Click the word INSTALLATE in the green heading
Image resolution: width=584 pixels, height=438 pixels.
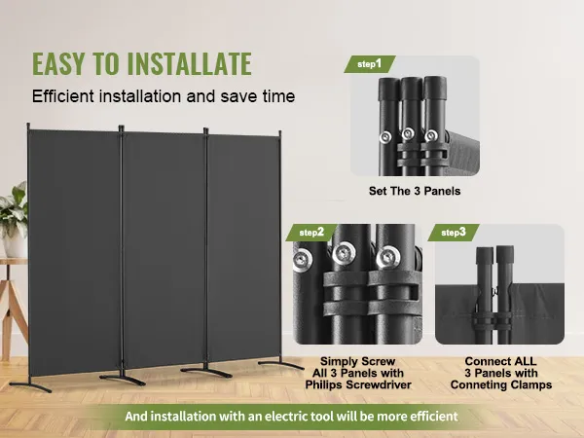[190, 63]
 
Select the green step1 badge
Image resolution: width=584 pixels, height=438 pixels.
[369, 64]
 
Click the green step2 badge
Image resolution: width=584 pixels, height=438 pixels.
[311, 233]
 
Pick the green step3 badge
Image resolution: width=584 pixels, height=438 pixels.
[454, 233]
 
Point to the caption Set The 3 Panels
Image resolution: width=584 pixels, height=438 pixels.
[415, 191]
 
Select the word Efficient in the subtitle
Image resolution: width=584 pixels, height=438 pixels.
[62, 96]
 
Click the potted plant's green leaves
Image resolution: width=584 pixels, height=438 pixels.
[15, 208]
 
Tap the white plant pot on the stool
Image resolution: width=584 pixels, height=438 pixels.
[15, 244]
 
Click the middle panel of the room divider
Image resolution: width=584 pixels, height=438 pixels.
[164, 249]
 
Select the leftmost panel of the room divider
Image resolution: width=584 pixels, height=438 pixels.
[75, 252]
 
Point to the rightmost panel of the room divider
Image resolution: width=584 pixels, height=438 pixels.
[243, 247]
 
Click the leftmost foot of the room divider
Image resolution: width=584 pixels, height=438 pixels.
[30, 385]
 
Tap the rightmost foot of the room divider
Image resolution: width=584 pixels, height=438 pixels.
[280, 364]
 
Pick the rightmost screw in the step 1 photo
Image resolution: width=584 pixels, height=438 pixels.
[431, 135]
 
